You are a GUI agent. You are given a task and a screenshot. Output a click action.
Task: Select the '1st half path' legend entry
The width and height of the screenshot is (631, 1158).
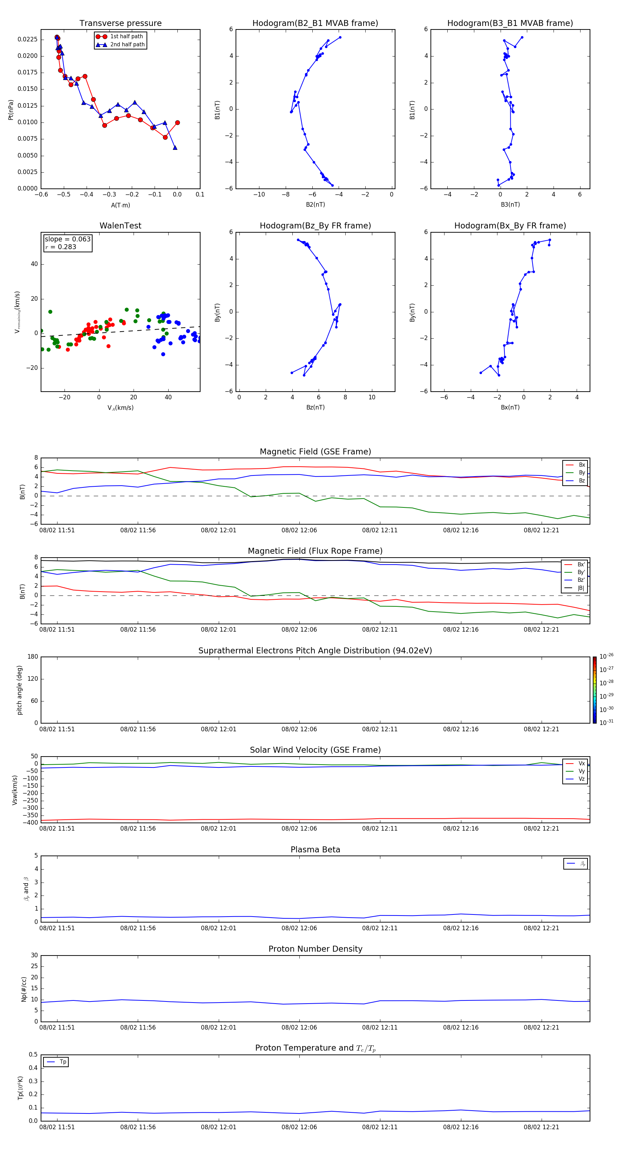tap(126, 36)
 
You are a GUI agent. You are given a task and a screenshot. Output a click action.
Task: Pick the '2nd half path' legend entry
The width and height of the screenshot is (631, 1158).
tap(127, 45)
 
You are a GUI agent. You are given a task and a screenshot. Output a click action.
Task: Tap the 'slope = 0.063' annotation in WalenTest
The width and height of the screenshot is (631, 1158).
tap(67, 239)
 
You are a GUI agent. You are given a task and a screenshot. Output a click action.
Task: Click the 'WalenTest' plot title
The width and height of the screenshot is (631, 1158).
tap(120, 226)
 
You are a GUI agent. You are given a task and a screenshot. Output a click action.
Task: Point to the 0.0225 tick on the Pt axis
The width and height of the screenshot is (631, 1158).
tap(27, 40)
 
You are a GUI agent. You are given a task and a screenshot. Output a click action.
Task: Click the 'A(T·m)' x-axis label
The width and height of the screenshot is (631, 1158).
tap(120, 205)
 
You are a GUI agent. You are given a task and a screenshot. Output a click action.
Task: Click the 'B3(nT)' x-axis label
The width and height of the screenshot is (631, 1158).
tap(510, 205)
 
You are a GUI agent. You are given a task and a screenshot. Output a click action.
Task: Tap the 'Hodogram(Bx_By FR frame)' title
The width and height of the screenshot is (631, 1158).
tap(510, 226)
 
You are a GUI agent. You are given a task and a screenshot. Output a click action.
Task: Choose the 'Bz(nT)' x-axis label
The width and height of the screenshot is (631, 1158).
tap(315, 407)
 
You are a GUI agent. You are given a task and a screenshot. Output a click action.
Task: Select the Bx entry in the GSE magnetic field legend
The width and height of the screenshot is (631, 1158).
tap(582, 465)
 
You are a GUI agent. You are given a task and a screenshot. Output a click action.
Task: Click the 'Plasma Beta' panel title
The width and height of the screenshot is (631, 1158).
tap(315, 850)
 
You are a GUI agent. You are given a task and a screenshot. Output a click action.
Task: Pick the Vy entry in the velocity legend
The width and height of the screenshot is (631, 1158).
tap(582, 771)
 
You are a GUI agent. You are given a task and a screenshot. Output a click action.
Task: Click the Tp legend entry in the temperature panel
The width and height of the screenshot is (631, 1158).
tap(63, 1062)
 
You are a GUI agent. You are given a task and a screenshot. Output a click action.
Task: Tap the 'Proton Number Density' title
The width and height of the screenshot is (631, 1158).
tap(315, 949)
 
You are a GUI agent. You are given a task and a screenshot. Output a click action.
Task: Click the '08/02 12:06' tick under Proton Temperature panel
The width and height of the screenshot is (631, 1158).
tap(299, 1127)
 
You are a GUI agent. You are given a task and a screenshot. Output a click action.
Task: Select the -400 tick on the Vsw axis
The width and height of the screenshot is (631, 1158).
tap(32, 823)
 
